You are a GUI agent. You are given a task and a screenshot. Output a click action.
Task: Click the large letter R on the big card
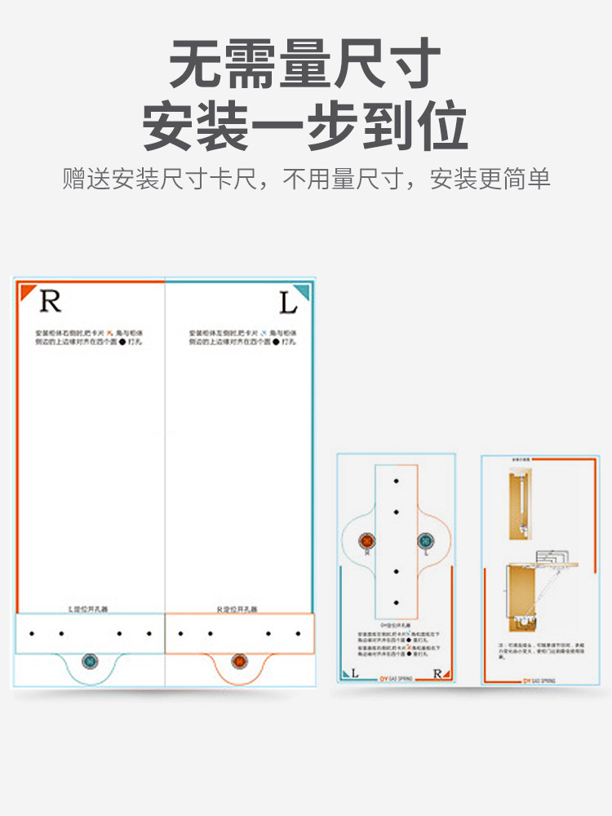pos(51,301)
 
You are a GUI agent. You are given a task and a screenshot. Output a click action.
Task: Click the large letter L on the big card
pos(288,304)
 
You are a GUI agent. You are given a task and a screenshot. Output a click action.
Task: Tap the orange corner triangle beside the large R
pos(28,290)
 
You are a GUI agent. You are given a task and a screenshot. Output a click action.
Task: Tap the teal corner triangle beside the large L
pos(301,290)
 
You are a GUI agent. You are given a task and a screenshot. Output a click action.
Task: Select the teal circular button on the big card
pos(90,660)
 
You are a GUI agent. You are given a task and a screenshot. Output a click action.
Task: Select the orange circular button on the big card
pos(239,660)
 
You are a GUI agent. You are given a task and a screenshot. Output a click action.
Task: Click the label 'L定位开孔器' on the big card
pos(90,609)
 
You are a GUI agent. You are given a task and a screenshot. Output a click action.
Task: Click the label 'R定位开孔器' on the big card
pos(239,609)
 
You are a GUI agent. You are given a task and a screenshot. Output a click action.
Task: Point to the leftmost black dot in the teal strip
pos(31,633)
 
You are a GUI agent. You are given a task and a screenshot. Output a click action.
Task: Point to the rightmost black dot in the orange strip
pos(298,633)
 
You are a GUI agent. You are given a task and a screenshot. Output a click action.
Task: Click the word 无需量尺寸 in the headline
pos(305,65)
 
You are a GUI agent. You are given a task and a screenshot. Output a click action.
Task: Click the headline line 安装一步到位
pos(305,126)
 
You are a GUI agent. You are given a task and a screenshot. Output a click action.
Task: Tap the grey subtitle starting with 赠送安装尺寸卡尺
pos(306,179)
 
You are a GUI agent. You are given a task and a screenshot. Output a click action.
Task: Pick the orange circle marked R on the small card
pos(367,541)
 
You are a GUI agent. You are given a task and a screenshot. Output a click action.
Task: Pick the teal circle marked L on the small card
pos(424,541)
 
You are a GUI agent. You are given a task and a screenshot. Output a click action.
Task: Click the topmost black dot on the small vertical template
pos(396,481)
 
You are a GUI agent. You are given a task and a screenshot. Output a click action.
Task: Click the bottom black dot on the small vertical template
pos(396,603)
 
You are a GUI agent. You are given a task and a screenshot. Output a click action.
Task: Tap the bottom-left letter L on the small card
pos(355,673)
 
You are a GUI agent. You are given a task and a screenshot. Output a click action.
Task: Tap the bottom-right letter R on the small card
pos(438,674)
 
